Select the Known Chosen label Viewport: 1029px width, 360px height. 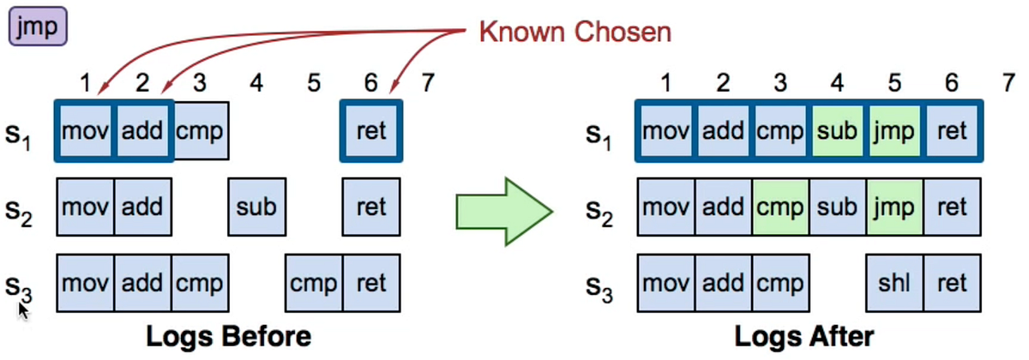point(574,33)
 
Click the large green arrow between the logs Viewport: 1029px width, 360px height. point(502,207)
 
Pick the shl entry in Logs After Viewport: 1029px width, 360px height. point(895,283)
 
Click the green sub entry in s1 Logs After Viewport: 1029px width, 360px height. point(838,131)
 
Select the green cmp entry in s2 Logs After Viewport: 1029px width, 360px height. point(780,207)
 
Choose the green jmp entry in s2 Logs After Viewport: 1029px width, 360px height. point(895,207)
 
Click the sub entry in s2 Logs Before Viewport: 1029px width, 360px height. point(256,207)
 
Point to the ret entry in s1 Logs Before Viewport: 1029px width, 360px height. point(370,131)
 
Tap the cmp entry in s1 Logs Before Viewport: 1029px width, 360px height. point(200,131)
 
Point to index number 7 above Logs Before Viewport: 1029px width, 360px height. point(428,82)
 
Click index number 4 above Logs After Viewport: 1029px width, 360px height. point(838,82)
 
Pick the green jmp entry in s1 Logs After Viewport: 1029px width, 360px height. point(895,131)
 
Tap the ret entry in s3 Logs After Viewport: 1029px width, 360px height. point(952,283)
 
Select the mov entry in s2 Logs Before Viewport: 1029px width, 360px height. point(85,207)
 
